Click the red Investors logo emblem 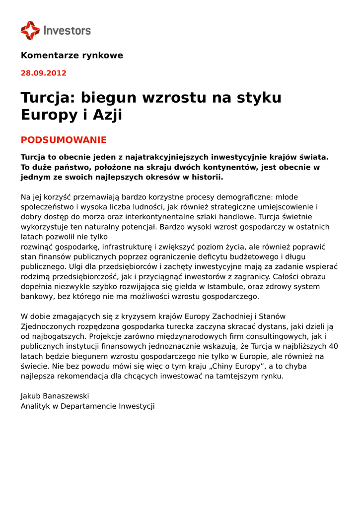pyautogui.click(x=30, y=30)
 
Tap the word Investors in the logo pyautogui.click(x=67, y=31)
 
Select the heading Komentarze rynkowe pyautogui.click(x=72, y=56)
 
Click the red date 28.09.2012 pyautogui.click(x=43, y=73)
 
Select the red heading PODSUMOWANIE pyautogui.click(x=64, y=140)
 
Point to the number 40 pyautogui.click(x=333, y=346)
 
